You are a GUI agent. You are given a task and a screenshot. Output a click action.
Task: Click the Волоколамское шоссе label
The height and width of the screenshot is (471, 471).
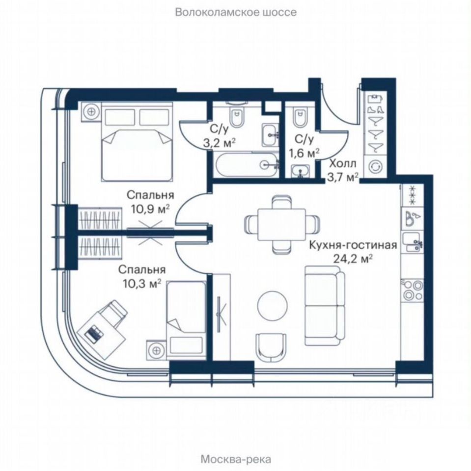tap(236, 12)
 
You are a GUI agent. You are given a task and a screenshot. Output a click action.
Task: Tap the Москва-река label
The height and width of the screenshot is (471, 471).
tap(236, 459)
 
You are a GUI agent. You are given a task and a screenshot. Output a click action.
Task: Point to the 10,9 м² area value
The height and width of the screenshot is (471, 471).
tap(150, 209)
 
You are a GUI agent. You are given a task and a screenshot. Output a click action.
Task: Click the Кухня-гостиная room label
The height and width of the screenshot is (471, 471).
tap(352, 245)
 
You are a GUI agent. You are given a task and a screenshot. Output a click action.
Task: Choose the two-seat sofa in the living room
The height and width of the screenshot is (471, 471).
tap(323, 306)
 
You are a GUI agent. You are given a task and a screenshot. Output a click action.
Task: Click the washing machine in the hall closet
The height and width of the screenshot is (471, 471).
tap(377, 166)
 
